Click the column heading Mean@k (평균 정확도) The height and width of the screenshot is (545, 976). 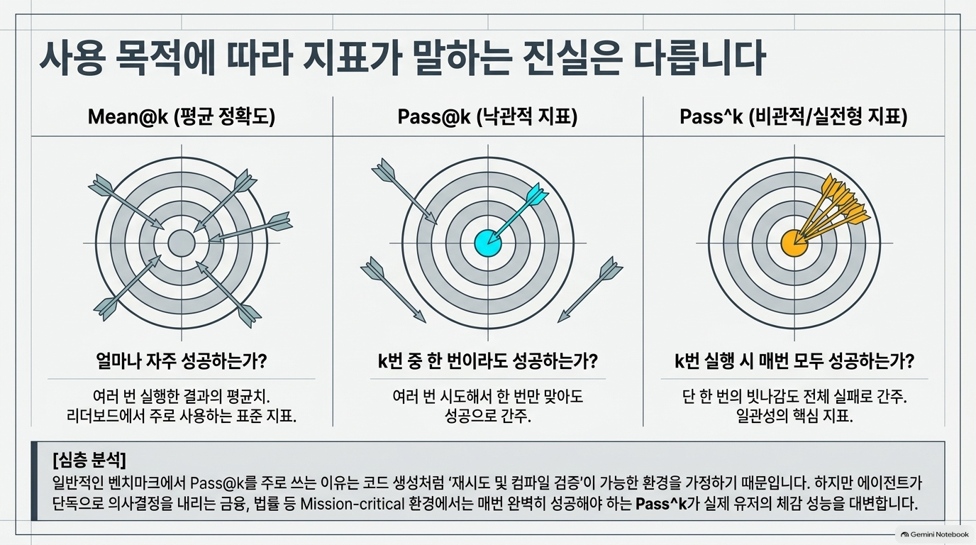(x=182, y=116)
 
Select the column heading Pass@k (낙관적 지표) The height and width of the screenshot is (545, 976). (x=487, y=116)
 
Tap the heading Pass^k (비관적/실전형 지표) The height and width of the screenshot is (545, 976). (x=794, y=116)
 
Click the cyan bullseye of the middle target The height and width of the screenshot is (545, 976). (x=487, y=243)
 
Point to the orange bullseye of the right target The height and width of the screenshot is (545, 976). (x=794, y=243)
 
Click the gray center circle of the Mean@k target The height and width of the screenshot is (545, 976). (x=182, y=243)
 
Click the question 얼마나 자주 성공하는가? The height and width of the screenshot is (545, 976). (x=182, y=361)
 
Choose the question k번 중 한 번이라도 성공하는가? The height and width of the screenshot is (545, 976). (x=487, y=361)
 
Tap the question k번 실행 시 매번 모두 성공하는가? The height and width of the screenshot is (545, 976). (x=794, y=361)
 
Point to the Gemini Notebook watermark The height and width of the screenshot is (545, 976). (x=935, y=534)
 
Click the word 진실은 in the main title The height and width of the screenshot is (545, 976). (x=568, y=59)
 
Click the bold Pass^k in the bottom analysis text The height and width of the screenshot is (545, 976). (x=661, y=504)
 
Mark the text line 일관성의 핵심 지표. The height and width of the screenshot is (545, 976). (x=794, y=416)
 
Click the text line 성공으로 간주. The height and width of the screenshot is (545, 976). (x=487, y=416)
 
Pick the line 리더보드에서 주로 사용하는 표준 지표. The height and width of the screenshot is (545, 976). (x=182, y=416)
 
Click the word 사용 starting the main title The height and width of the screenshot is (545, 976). (x=72, y=59)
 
